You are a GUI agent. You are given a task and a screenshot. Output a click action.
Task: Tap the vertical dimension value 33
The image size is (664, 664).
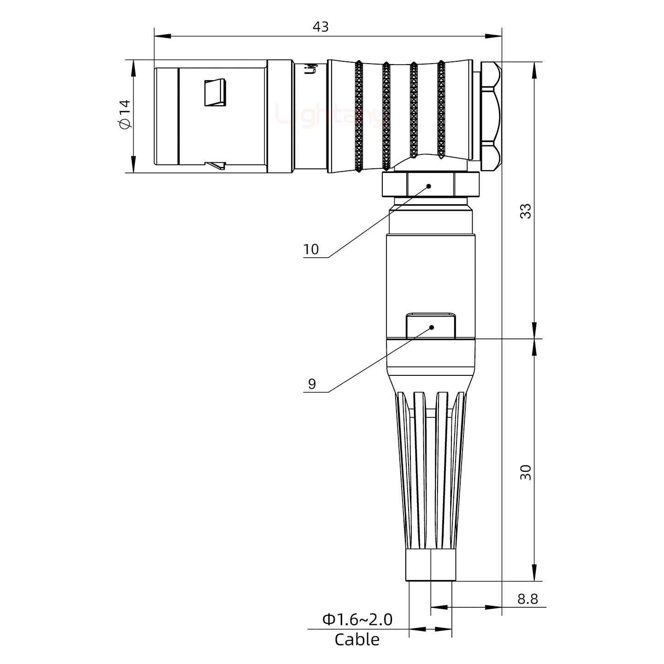[x=525, y=211]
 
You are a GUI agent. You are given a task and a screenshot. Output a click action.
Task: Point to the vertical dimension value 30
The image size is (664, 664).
[x=525, y=472]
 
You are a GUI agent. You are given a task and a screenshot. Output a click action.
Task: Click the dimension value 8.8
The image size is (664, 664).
[x=528, y=599]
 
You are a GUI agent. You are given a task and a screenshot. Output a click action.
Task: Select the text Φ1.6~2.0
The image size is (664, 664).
[x=357, y=620]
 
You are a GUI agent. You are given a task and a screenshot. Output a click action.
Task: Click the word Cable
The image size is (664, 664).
[x=357, y=640]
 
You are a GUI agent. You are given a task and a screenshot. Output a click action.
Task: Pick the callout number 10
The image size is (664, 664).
[x=311, y=249]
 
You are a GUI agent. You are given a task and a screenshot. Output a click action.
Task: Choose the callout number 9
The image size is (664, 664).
[x=312, y=384]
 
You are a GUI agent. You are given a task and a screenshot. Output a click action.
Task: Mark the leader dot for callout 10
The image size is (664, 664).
[x=429, y=186]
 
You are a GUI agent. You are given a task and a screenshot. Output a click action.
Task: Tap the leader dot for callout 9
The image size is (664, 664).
[x=432, y=327]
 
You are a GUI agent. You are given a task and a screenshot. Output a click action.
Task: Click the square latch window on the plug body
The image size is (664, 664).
[x=215, y=92]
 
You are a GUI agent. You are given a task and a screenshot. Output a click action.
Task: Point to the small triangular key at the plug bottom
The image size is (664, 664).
[x=216, y=165]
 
